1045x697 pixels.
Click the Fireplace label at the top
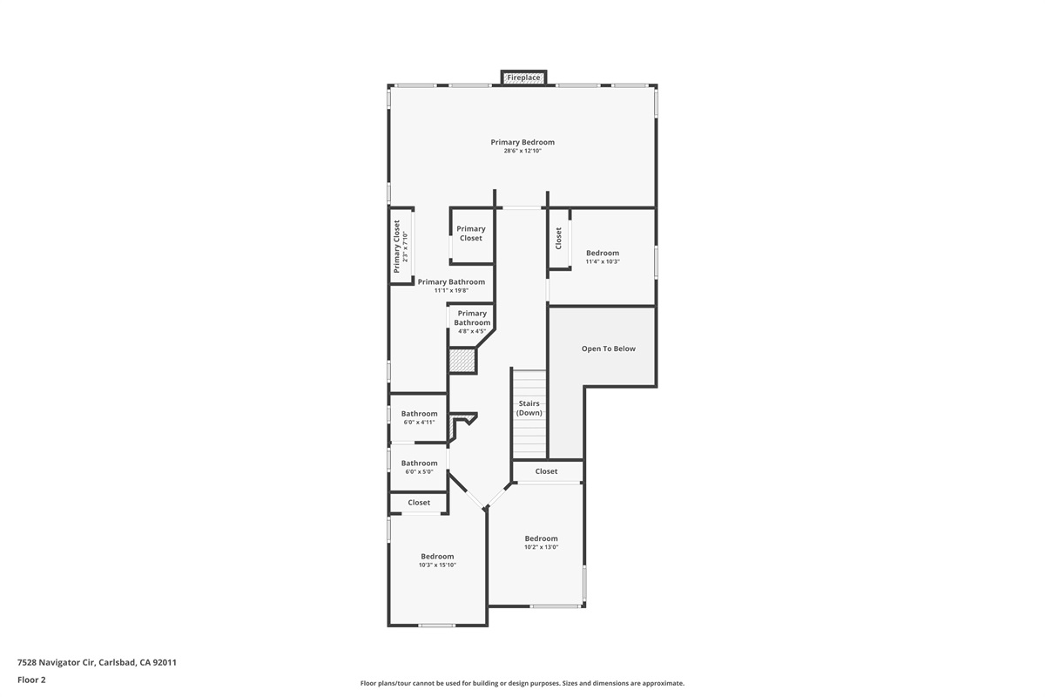click(x=524, y=78)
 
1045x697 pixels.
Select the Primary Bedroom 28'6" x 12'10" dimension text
click(x=522, y=152)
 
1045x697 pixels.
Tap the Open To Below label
click(x=609, y=348)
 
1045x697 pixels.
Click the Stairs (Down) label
click(x=529, y=408)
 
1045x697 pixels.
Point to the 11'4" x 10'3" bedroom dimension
click(x=603, y=261)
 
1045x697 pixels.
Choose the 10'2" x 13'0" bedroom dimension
click(x=541, y=547)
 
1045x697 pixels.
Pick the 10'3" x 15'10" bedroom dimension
click(x=437, y=565)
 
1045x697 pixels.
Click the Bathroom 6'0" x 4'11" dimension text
click(x=419, y=423)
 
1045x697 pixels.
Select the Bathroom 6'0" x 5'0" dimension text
click(x=419, y=471)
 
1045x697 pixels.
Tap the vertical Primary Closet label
click(x=401, y=246)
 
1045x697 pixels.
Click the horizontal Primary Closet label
click(x=471, y=233)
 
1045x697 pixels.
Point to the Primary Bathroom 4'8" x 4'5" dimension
click(x=472, y=331)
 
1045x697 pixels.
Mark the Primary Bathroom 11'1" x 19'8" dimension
click(x=451, y=290)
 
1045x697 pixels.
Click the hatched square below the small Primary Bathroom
click(x=462, y=361)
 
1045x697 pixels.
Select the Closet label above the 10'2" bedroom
click(x=547, y=471)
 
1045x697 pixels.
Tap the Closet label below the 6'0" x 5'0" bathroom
click(x=419, y=503)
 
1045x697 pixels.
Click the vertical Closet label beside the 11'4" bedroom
click(x=559, y=238)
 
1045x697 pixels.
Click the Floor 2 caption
click(x=31, y=680)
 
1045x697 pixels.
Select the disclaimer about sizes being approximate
click(x=522, y=683)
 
